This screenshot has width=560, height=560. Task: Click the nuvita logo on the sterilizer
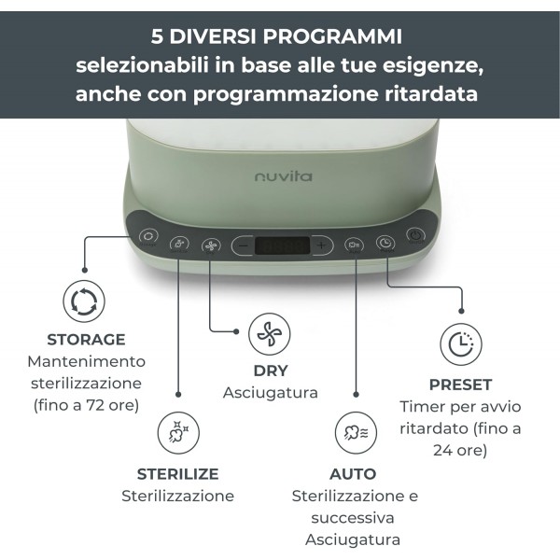coord(283,175)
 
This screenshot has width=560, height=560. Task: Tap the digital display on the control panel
coord(282,245)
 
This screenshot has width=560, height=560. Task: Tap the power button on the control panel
coord(416,238)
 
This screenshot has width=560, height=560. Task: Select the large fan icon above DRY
coord(270,333)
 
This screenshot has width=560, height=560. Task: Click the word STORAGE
coord(86,340)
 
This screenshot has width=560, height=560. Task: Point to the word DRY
coord(271,371)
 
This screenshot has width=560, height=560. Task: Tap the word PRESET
coord(460,385)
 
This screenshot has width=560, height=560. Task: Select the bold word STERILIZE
coord(177,473)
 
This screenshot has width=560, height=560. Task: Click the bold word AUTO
coord(353,474)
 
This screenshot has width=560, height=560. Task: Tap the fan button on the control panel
coord(210,242)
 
